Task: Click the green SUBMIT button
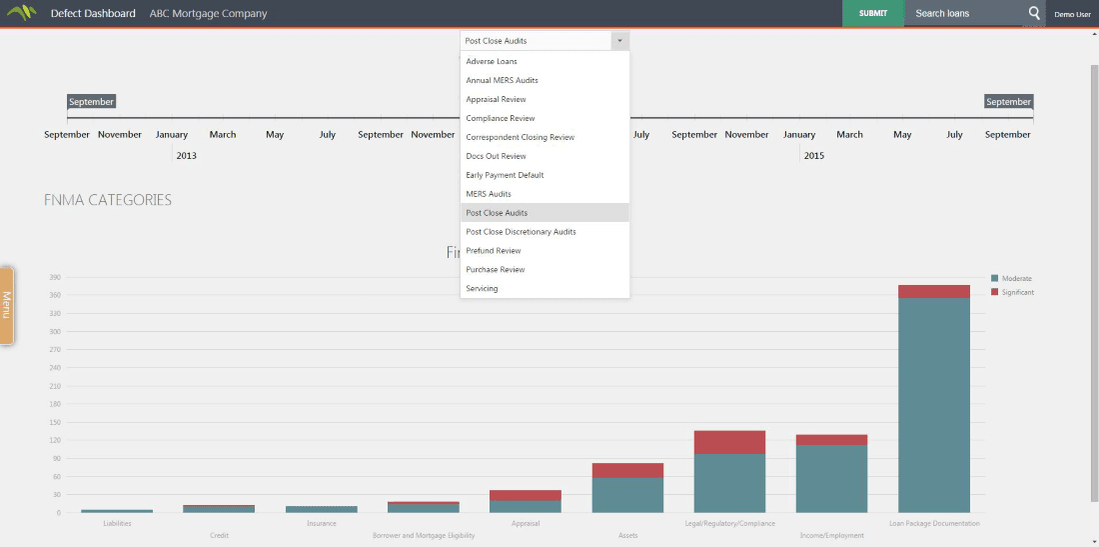pos(872,13)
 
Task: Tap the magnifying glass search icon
pos(1034,13)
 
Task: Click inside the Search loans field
pos(963,14)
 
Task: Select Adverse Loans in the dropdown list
pos(492,62)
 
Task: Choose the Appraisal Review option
pos(496,100)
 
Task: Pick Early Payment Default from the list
pos(505,175)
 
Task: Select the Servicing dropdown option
pos(482,289)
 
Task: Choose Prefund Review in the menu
pos(494,251)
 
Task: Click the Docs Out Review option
pos(496,156)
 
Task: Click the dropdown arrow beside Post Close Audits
pos(619,41)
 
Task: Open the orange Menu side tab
pos(6,305)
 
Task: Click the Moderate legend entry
pos(1016,278)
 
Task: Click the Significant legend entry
pos(1017,292)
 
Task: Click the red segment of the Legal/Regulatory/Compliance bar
pos(729,442)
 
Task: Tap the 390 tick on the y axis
pos(55,277)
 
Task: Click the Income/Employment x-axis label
pos(831,535)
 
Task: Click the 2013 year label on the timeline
pos(186,156)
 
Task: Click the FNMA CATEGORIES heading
pos(108,200)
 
